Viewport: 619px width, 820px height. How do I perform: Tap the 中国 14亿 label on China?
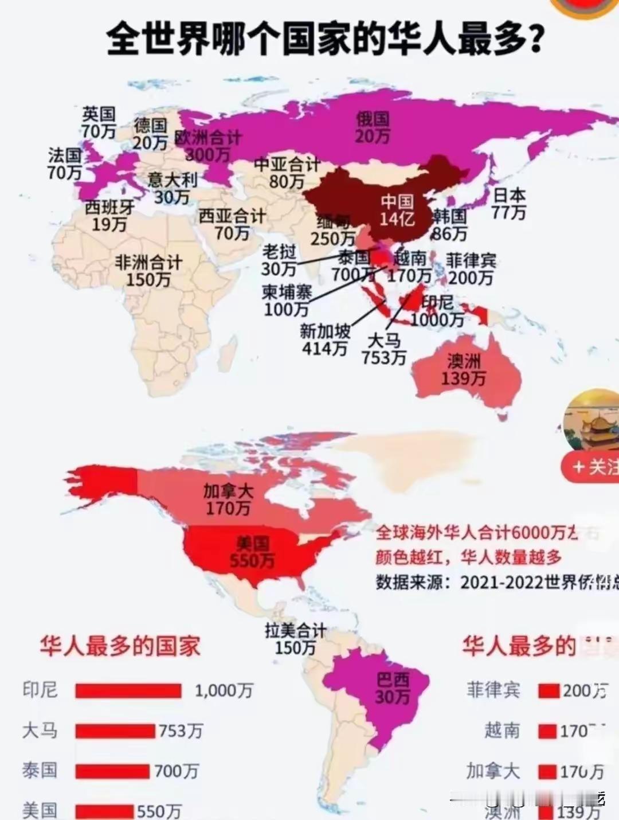(x=397, y=210)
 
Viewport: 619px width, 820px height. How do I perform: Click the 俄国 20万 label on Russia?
(x=373, y=127)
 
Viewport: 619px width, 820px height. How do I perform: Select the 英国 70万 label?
(x=99, y=123)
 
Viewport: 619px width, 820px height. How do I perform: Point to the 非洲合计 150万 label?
(x=148, y=271)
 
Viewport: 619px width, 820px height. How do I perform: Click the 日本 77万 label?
(x=508, y=204)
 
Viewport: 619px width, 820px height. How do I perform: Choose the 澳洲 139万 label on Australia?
(x=464, y=370)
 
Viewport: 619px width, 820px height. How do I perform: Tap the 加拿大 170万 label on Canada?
(x=228, y=499)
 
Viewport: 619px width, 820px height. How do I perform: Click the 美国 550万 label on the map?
(x=252, y=552)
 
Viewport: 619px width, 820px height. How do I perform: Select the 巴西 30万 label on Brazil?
(x=393, y=688)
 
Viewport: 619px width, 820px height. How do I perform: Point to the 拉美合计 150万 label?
(x=295, y=639)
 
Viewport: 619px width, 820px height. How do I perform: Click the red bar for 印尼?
(x=128, y=691)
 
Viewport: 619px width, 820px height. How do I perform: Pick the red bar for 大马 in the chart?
(x=115, y=731)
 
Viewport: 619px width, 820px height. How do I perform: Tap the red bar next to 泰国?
(x=112, y=771)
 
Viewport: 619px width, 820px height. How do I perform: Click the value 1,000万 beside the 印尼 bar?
(x=224, y=691)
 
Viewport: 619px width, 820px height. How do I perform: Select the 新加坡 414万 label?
(x=325, y=339)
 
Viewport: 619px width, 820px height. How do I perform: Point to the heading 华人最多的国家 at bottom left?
(x=120, y=646)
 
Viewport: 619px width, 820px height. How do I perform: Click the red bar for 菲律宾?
(x=549, y=691)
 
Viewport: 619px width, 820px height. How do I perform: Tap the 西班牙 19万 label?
(x=109, y=216)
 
